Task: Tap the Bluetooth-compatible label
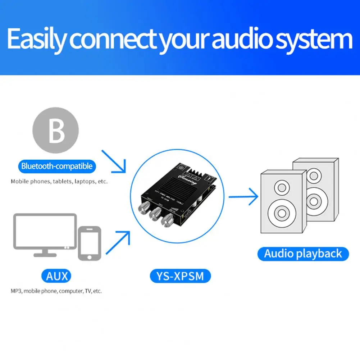(57, 166)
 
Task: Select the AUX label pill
(56, 276)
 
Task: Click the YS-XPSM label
(180, 276)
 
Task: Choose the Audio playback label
(303, 254)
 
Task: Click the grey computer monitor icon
(45, 234)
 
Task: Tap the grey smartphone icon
(89, 243)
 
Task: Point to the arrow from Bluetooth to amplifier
(114, 160)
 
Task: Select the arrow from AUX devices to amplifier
(118, 242)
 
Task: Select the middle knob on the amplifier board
(156, 213)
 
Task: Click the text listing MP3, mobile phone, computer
(56, 291)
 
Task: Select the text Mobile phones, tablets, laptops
(59, 181)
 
